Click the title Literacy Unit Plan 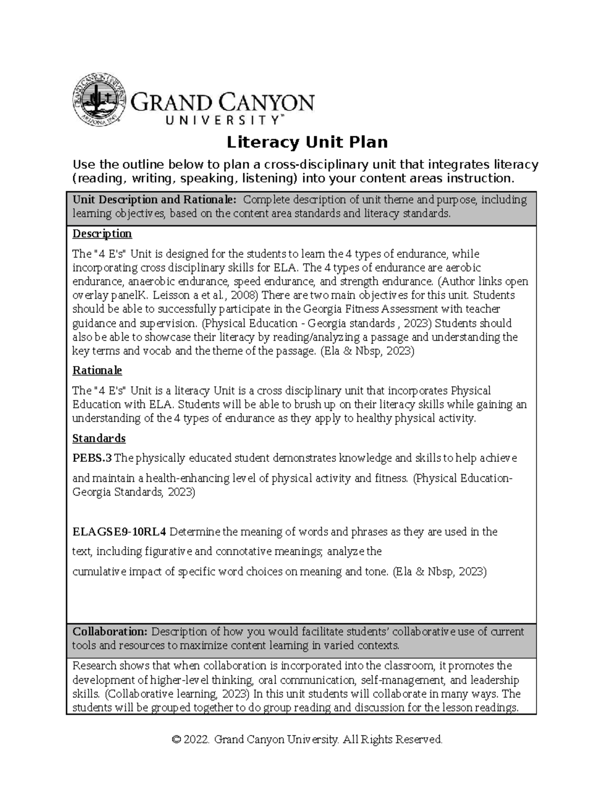[307, 142]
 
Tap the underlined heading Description [102, 234]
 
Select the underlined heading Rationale [97, 370]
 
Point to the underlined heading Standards [99, 438]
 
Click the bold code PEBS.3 [92, 458]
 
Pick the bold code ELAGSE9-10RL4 [119, 532]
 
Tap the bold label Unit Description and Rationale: [155, 200]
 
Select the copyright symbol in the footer [177, 740]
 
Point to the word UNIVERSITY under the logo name [221, 120]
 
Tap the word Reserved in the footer [420, 740]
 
